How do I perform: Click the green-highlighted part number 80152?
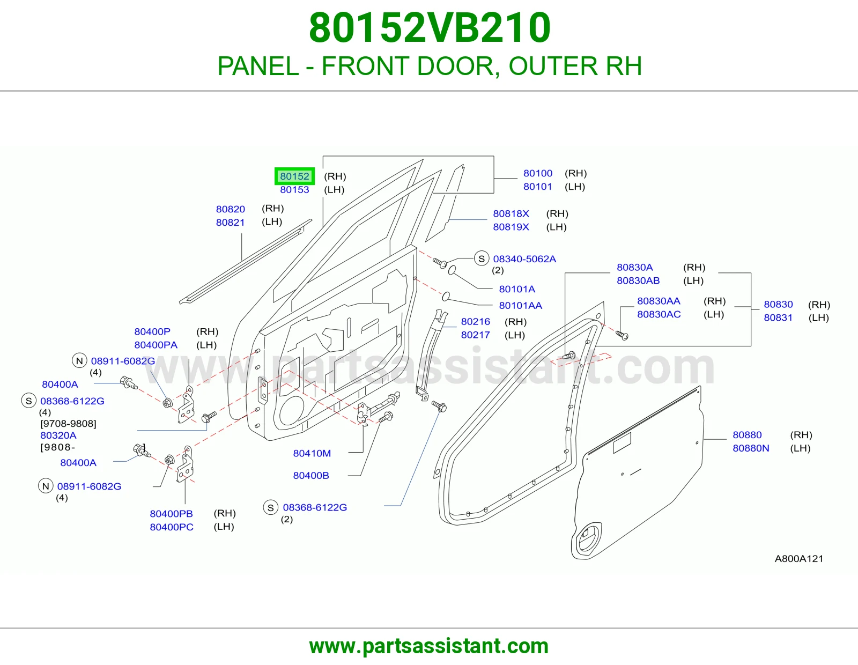(x=294, y=176)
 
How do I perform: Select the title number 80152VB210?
(x=430, y=28)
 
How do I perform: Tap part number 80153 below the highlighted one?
(x=294, y=189)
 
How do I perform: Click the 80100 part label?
(x=538, y=173)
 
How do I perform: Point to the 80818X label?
(x=511, y=213)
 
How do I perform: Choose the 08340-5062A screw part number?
(x=524, y=259)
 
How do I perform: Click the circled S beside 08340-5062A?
(x=482, y=259)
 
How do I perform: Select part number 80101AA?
(x=520, y=305)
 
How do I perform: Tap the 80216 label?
(x=476, y=321)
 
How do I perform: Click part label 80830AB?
(x=638, y=280)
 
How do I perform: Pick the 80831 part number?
(x=778, y=317)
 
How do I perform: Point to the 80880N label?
(x=751, y=448)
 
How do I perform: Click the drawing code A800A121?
(x=799, y=558)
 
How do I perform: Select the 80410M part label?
(x=312, y=453)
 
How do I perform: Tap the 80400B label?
(x=311, y=476)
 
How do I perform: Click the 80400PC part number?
(x=172, y=527)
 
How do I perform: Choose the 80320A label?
(x=58, y=435)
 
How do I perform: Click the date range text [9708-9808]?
(x=68, y=423)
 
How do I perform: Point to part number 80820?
(x=231, y=209)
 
